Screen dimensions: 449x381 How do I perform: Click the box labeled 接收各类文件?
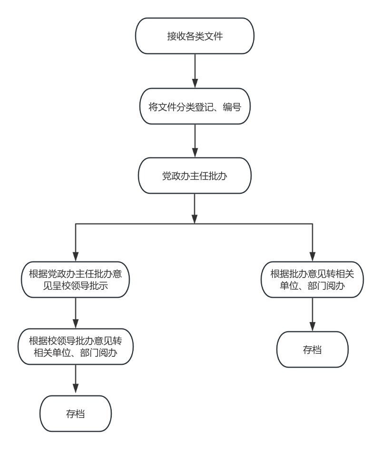coord(195,36)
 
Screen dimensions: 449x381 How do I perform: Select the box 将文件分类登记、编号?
coord(195,106)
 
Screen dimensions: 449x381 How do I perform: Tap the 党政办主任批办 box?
coord(195,176)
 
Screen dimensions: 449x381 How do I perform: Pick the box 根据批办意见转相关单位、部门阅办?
coord(313,280)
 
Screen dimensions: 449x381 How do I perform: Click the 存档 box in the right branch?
coord(313,350)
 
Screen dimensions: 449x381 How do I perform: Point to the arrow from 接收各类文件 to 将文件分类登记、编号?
coord(195,71)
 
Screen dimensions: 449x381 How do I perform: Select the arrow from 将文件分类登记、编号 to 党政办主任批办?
coord(195,141)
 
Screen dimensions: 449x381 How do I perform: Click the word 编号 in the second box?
coord(233,107)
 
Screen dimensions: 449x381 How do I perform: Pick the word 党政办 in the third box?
coord(176,176)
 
